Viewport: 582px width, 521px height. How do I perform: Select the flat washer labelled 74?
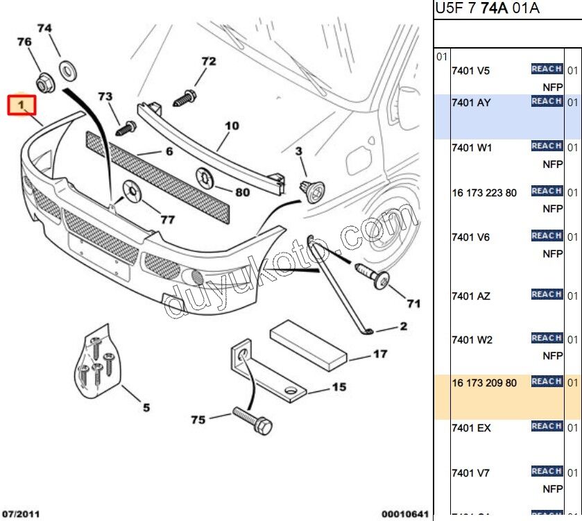[68, 70]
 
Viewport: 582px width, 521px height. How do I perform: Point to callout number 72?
[208, 62]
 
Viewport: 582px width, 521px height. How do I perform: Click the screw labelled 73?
[126, 128]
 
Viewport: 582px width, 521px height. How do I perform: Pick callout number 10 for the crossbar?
[232, 126]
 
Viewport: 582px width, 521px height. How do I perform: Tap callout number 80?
[242, 192]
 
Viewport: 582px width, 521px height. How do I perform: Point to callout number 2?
[402, 326]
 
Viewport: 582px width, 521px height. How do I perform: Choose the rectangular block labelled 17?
[307, 345]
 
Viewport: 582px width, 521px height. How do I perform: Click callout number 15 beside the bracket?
[338, 387]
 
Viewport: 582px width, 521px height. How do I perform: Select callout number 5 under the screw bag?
[146, 408]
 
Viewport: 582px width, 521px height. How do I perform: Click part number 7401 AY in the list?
[471, 103]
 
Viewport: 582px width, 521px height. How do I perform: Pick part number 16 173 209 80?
[484, 383]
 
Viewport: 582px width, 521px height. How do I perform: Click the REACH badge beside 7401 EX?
[546, 427]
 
